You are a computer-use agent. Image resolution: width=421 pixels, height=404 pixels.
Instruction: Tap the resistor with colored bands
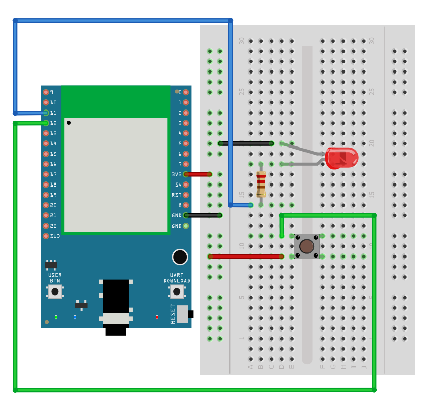coord(261,184)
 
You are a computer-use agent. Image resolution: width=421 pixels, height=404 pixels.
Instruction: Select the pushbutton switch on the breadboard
coord(307,246)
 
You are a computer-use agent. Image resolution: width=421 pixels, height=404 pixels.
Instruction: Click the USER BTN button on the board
coord(55,291)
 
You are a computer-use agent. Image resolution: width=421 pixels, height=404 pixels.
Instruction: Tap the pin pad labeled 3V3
coord(186,174)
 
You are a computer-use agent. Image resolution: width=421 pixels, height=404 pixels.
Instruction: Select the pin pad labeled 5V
coord(186,185)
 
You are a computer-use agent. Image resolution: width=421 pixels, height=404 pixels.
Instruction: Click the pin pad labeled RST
coord(186,195)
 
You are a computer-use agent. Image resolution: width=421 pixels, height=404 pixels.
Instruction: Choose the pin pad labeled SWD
coord(46,236)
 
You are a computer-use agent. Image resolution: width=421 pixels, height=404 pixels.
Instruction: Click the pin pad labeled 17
coord(46,174)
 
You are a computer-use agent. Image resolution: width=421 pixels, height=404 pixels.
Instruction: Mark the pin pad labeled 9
coord(46,92)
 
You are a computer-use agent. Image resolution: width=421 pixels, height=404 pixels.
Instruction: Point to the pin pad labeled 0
coord(186,92)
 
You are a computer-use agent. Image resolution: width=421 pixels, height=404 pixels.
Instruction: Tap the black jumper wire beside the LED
coord(246,143)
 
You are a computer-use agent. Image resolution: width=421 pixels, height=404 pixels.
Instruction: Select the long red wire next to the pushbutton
coord(245,256)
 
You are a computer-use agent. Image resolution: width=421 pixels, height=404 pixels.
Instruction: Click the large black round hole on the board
coord(180,257)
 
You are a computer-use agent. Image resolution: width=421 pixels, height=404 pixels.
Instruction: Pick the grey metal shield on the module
coord(116,174)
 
